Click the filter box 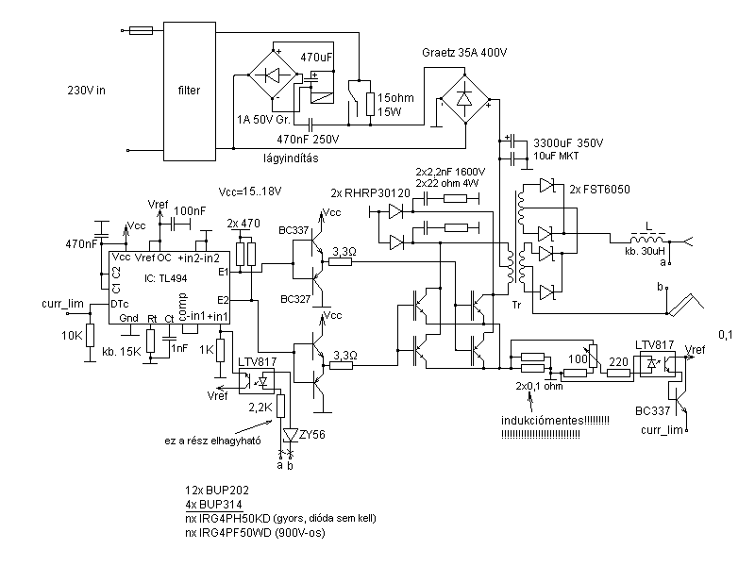click(x=189, y=91)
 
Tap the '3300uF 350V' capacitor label click(x=568, y=141)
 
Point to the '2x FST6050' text click(x=599, y=190)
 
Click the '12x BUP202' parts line click(x=219, y=492)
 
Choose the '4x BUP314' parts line click(x=216, y=506)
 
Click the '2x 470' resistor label click(x=245, y=223)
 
